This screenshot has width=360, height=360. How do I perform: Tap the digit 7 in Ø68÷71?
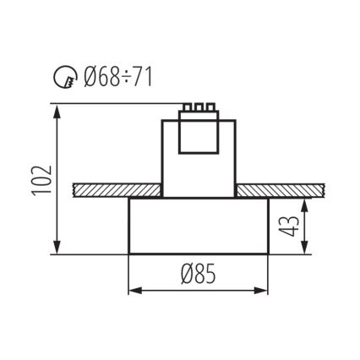[x=139, y=80]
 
